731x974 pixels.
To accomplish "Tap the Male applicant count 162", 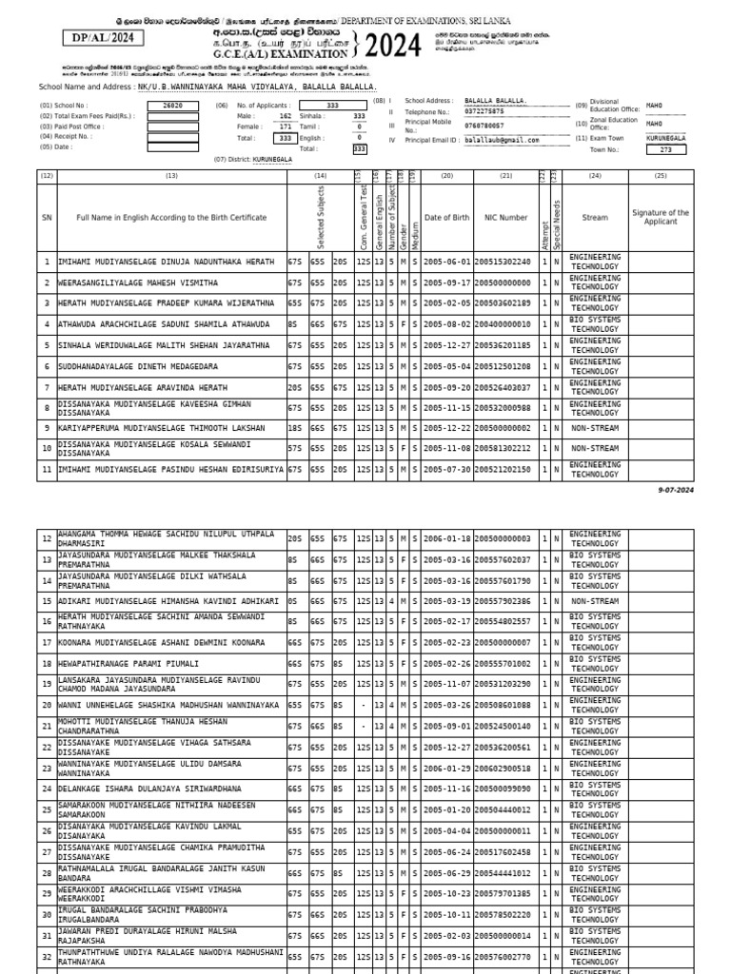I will (286, 116).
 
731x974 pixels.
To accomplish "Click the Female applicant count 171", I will (286, 127).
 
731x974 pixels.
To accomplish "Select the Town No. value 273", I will (665, 149).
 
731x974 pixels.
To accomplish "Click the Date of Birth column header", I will (446, 218).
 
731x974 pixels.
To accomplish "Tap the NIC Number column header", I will (506, 218).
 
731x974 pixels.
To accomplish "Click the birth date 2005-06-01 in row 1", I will (446, 262).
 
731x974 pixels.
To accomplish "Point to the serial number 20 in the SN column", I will (46, 705).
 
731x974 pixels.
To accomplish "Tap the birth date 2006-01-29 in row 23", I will (446, 768).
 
